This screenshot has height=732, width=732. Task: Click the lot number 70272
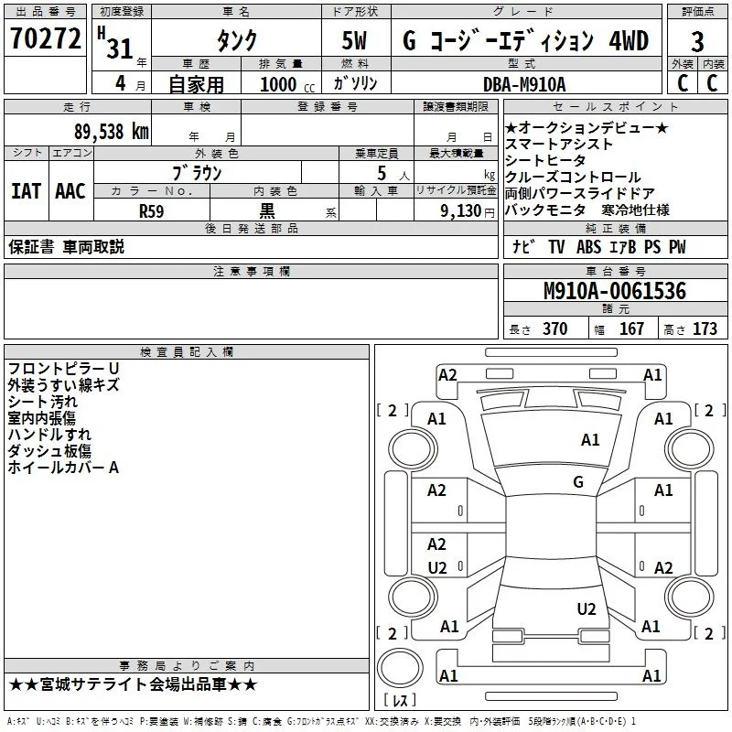(45, 38)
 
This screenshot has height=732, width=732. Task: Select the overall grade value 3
(697, 42)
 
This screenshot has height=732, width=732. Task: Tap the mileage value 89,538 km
(111, 132)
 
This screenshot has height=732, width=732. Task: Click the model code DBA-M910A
(524, 84)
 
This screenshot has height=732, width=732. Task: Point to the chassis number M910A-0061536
(615, 291)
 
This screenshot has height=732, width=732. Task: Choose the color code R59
(151, 211)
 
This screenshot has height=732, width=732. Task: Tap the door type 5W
(354, 40)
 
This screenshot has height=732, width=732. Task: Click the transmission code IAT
(27, 191)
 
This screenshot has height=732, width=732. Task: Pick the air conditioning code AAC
(70, 191)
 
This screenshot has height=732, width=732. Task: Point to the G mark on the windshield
(578, 481)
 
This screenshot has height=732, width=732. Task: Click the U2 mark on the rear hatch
(587, 608)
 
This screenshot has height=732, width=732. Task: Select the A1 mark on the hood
(590, 439)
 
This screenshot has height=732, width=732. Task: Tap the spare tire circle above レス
(400, 667)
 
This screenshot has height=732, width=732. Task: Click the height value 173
(705, 328)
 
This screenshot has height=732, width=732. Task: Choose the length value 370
(555, 328)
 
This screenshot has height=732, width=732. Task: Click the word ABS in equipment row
(588, 246)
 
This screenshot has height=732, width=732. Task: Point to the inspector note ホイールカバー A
(63, 468)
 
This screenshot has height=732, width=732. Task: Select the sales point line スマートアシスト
(559, 145)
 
